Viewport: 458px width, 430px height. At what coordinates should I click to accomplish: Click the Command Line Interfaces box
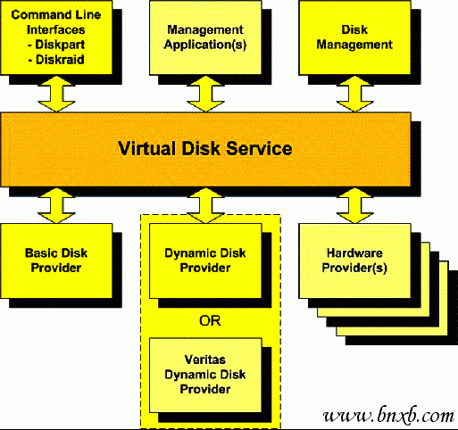(x=56, y=37)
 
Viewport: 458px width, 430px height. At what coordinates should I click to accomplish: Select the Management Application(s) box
(x=205, y=37)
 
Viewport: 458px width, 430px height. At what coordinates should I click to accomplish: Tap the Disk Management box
(x=354, y=37)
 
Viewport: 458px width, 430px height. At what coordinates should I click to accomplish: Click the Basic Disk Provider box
(x=56, y=260)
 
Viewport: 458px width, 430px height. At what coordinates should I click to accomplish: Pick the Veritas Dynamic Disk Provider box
(x=205, y=376)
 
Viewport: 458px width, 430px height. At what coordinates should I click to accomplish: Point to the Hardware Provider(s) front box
(x=354, y=260)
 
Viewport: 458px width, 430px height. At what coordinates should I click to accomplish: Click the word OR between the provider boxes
(x=210, y=321)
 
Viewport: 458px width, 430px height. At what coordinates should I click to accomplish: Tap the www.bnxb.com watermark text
(x=388, y=415)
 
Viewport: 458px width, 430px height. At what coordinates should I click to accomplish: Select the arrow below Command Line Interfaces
(x=56, y=94)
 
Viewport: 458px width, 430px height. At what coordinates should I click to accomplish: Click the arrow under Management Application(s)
(x=205, y=94)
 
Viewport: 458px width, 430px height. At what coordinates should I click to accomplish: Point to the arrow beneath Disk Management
(x=354, y=94)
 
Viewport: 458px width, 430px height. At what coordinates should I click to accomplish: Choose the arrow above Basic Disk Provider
(x=56, y=205)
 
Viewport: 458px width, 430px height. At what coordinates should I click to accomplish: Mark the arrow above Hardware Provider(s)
(x=354, y=205)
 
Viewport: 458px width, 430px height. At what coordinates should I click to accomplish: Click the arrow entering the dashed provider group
(x=205, y=205)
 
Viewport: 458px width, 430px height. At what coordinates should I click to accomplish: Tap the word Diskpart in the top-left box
(x=60, y=45)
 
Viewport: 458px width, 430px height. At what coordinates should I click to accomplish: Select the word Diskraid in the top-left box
(x=60, y=60)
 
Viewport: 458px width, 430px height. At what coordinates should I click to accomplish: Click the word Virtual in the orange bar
(x=146, y=148)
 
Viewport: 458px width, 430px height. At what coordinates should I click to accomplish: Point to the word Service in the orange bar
(x=259, y=148)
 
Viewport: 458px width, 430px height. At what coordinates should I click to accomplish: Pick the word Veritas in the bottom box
(x=205, y=360)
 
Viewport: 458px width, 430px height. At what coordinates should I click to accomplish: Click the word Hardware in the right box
(x=354, y=253)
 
